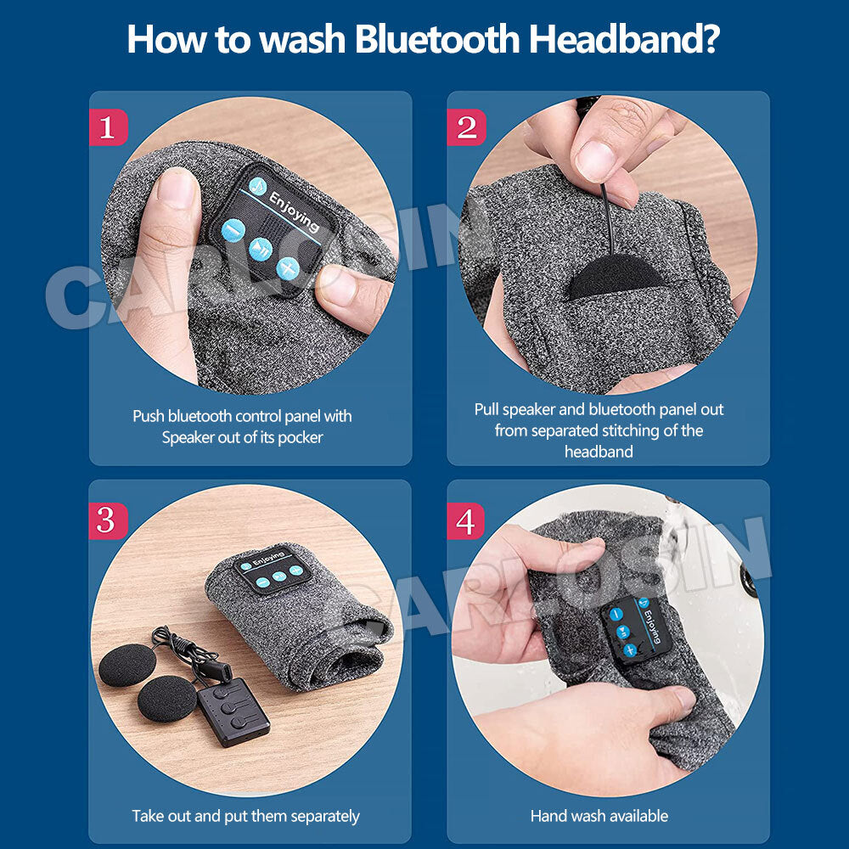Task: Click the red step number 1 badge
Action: pos(108,127)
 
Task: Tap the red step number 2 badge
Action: pos(465,127)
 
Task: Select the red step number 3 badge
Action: pos(108,521)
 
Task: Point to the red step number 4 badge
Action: pos(465,521)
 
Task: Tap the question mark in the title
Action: pos(708,38)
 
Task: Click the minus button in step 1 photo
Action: pos(233,230)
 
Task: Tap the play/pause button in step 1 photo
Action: pos(261,250)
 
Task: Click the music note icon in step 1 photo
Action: pos(258,186)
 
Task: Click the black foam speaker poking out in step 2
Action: pos(614,274)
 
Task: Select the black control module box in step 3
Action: pos(233,713)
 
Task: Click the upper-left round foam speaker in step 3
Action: pos(127,665)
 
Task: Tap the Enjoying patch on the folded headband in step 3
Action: pos(273,570)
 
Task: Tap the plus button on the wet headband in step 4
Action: pos(629,649)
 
